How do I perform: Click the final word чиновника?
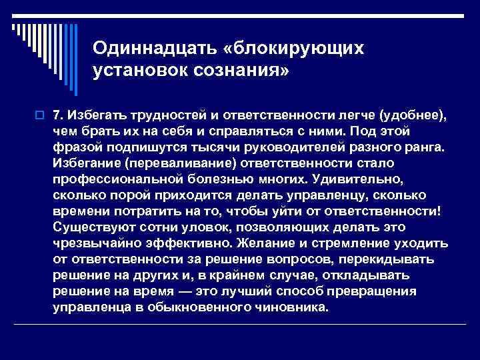(x=287, y=307)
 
